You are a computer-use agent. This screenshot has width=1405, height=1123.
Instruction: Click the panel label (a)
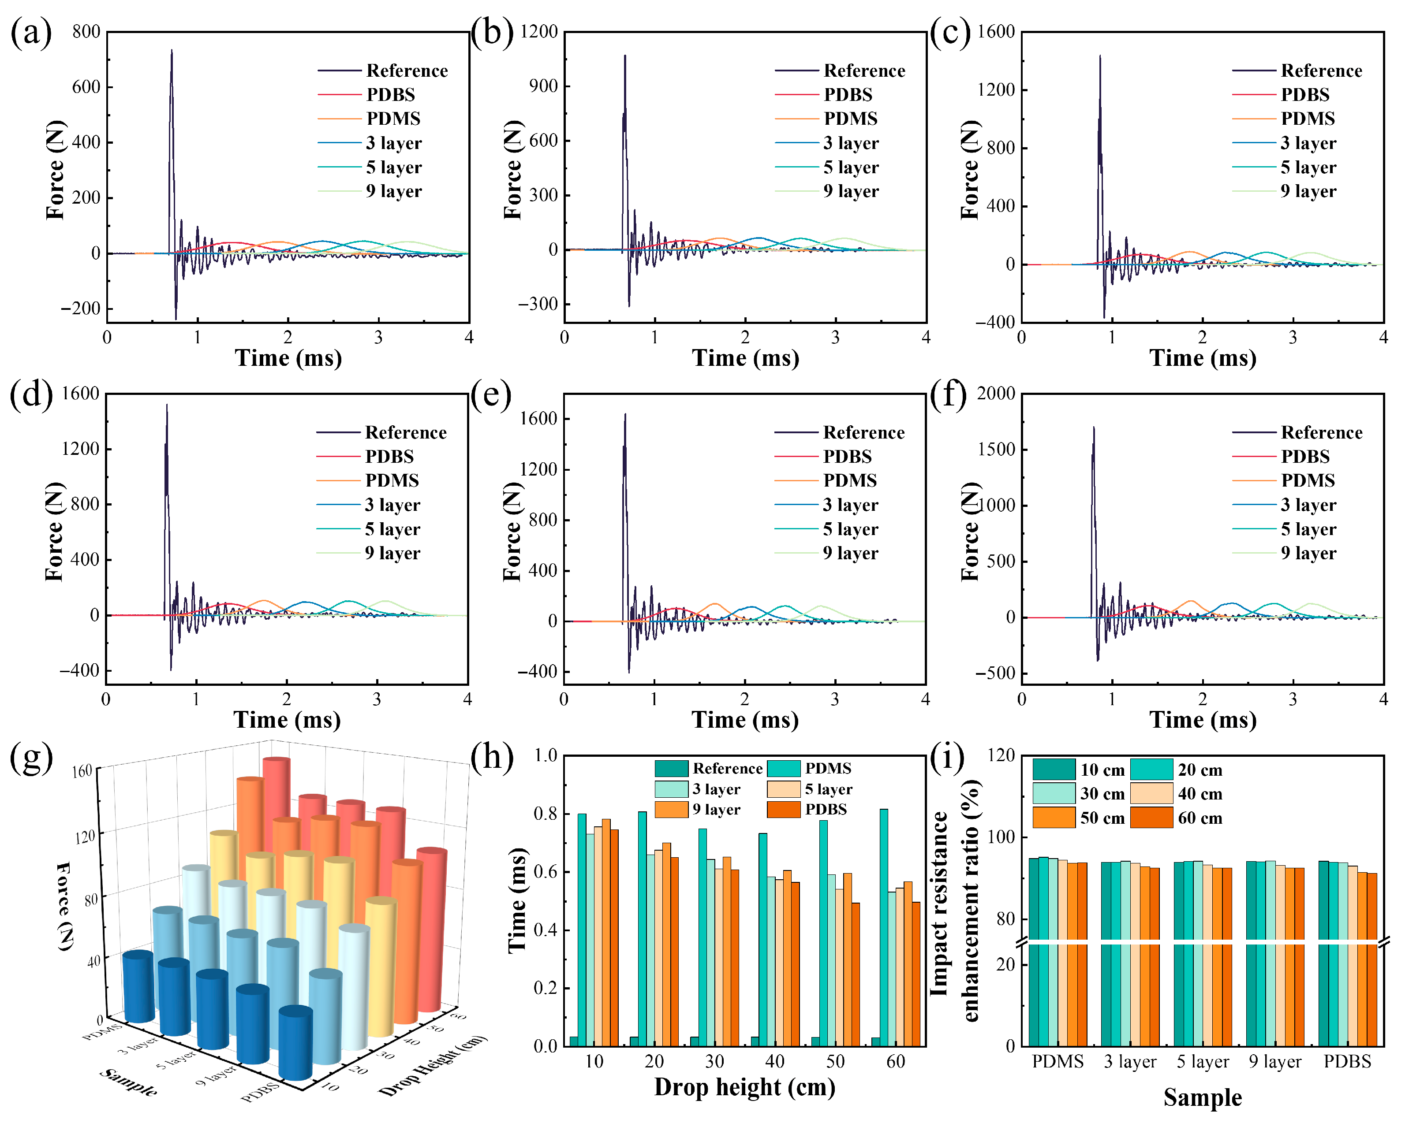pyautogui.click(x=30, y=33)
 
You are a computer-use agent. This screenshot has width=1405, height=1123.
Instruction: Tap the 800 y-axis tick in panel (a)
pyautogui.click(x=86, y=31)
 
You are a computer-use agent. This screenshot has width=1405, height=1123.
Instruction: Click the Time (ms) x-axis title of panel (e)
pyautogui.click(x=745, y=720)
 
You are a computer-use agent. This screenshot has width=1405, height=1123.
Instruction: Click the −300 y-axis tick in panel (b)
pyautogui.click(x=538, y=304)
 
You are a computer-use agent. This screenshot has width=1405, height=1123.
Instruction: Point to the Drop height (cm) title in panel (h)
pyautogui.click(x=744, y=1087)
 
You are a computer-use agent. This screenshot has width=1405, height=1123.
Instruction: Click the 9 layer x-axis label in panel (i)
pyautogui.click(x=1274, y=1063)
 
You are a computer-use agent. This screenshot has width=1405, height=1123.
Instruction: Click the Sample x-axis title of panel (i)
pyautogui.click(x=1202, y=1097)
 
